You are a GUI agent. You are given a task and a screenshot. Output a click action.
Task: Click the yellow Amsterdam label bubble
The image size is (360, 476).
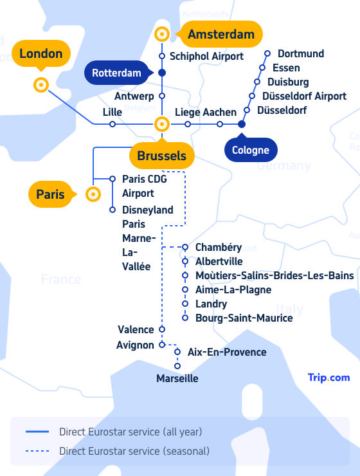(x=220, y=34)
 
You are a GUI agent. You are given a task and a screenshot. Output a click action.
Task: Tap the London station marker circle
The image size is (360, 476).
(x=41, y=85)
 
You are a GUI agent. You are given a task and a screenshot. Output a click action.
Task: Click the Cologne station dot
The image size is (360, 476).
(x=242, y=124)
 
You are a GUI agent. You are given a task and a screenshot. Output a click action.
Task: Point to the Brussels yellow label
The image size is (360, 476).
(x=162, y=155)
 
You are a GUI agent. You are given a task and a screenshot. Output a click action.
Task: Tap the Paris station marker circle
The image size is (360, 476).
(x=93, y=194)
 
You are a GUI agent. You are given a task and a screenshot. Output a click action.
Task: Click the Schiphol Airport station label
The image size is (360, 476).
(x=206, y=56)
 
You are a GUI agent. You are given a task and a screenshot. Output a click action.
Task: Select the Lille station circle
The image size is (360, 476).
(x=113, y=124)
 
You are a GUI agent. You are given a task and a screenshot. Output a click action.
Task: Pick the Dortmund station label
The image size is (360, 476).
(x=301, y=53)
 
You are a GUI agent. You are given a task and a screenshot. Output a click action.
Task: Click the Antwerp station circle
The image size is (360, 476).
(x=162, y=96)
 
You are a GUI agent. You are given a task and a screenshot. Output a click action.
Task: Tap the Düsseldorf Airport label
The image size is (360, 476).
(x=304, y=96)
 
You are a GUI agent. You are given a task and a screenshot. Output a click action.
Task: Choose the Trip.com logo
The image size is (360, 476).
(x=328, y=378)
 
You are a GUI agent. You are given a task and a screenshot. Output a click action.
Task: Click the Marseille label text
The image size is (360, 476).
(x=177, y=378)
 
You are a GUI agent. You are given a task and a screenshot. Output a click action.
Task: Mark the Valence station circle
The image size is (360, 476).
(x=162, y=329)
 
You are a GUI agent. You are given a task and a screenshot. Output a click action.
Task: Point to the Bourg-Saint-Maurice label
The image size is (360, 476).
(x=244, y=318)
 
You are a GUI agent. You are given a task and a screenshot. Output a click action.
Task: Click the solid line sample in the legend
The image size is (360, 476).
(x=37, y=432)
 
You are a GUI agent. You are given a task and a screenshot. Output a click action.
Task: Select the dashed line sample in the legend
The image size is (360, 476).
(x=37, y=451)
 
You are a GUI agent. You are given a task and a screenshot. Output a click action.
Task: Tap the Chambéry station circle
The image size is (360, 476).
(x=185, y=248)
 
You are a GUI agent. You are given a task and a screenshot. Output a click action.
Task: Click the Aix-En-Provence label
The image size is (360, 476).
(x=227, y=352)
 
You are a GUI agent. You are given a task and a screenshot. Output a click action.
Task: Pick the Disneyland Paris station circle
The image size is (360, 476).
(x=113, y=210)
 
